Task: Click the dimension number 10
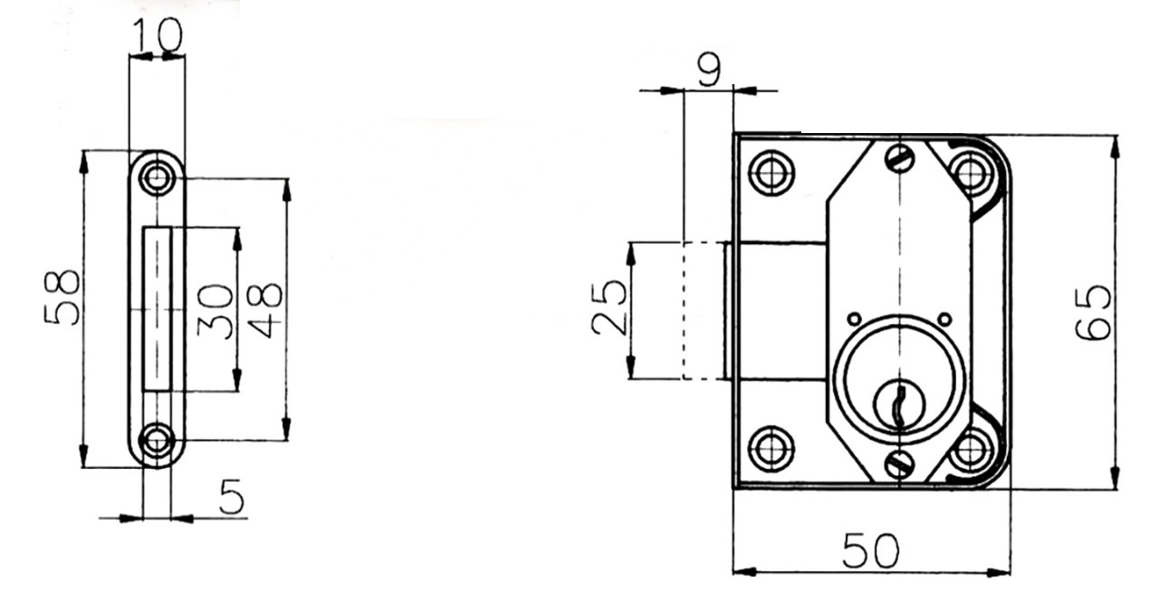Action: coord(158,35)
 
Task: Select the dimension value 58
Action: coord(62,298)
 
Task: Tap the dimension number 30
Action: coord(215,311)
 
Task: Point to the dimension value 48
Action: coord(264,311)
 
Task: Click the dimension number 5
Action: coord(232,496)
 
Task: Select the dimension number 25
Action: coord(609,308)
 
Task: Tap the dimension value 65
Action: coord(1093,312)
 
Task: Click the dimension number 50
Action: coord(871,550)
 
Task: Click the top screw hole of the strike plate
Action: coord(157,177)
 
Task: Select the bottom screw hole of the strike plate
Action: coord(157,442)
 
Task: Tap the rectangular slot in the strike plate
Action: coord(157,309)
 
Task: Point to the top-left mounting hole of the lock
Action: coord(772,173)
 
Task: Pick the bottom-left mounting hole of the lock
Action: coord(772,449)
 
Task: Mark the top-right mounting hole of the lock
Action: coord(972,173)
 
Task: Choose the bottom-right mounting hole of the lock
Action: coord(972,450)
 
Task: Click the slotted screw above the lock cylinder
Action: coord(900,158)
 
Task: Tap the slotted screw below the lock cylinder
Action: coord(900,463)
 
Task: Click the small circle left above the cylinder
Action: coord(855,319)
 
